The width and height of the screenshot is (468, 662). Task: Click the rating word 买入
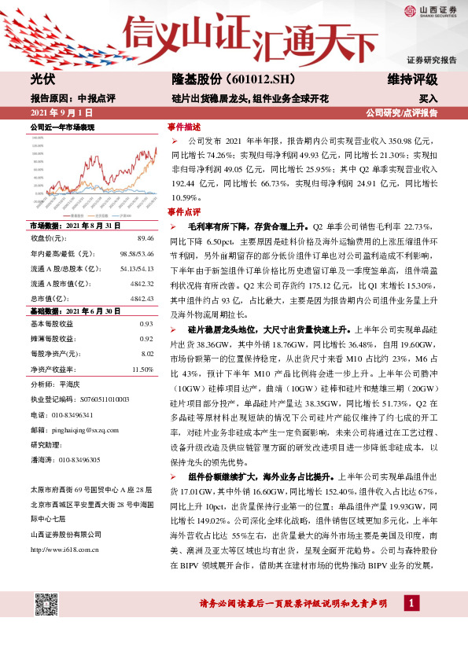428,99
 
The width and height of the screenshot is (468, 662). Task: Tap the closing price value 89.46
145,237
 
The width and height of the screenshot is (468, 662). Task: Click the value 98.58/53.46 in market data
137,252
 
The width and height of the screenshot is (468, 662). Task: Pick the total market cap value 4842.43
141,299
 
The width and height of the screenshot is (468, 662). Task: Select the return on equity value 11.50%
142,369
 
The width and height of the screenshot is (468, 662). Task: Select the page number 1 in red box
410,603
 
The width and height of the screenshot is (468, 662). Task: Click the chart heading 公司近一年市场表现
62,127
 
